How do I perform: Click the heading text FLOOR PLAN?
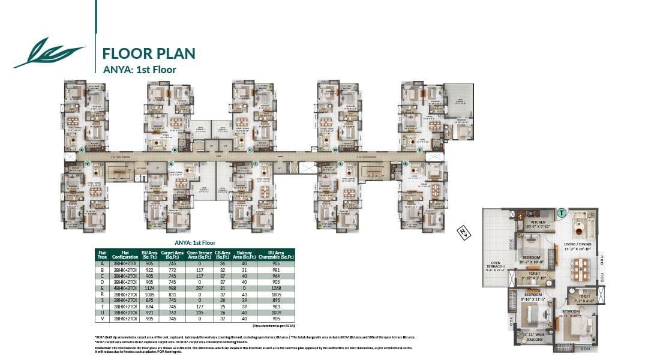coord(149,53)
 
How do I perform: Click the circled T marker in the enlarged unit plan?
coord(562,212)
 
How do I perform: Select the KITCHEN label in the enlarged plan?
coord(533,223)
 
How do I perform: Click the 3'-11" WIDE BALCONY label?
coord(533,337)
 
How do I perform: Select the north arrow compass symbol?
coord(463,232)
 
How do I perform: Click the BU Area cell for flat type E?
coord(148,287)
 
